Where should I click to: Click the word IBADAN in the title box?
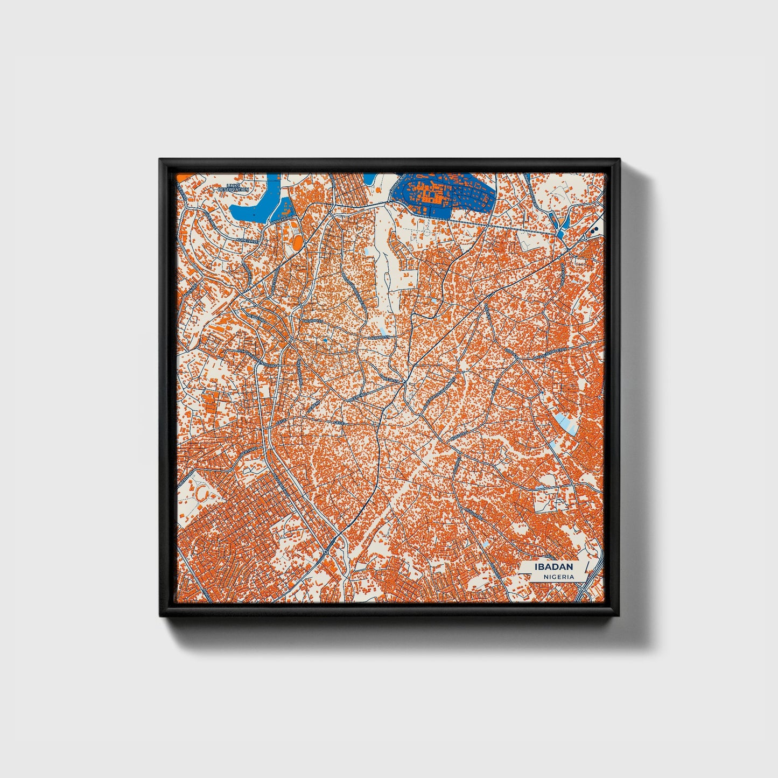tap(553, 567)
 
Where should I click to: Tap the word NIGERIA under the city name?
tap(558, 577)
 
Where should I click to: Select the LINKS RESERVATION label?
tap(233, 188)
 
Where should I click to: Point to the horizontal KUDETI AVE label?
tap(250, 241)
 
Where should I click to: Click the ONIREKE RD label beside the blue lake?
tap(282, 219)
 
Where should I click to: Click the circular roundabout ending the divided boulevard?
tap(326, 553)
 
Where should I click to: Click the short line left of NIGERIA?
tap(535, 577)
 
